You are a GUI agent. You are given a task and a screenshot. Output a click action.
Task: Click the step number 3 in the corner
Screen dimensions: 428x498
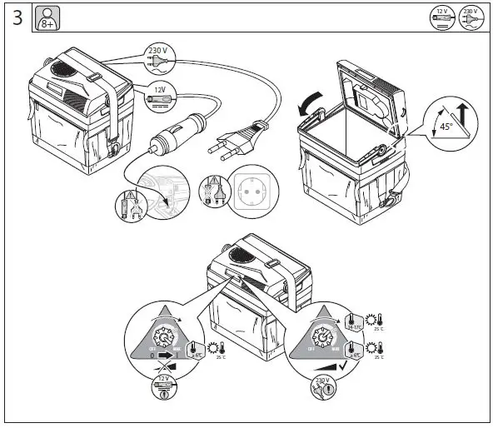point(17,18)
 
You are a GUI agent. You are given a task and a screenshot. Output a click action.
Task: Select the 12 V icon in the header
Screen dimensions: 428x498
point(443,17)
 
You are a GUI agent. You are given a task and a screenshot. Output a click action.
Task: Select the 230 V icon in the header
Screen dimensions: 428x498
point(472,17)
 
